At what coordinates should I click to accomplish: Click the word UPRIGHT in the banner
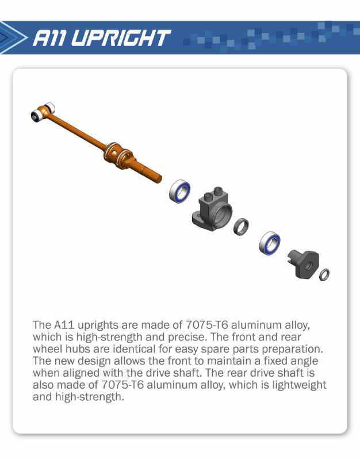click(121, 38)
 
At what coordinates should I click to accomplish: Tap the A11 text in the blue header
click(50, 38)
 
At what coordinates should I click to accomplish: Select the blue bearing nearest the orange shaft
click(179, 191)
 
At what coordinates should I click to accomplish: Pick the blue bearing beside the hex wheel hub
click(269, 243)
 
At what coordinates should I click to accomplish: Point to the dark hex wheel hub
click(303, 264)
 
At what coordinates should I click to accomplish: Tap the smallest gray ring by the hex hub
click(324, 275)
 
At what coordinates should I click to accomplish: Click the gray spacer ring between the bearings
click(241, 226)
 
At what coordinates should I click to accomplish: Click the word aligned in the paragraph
click(81, 373)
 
